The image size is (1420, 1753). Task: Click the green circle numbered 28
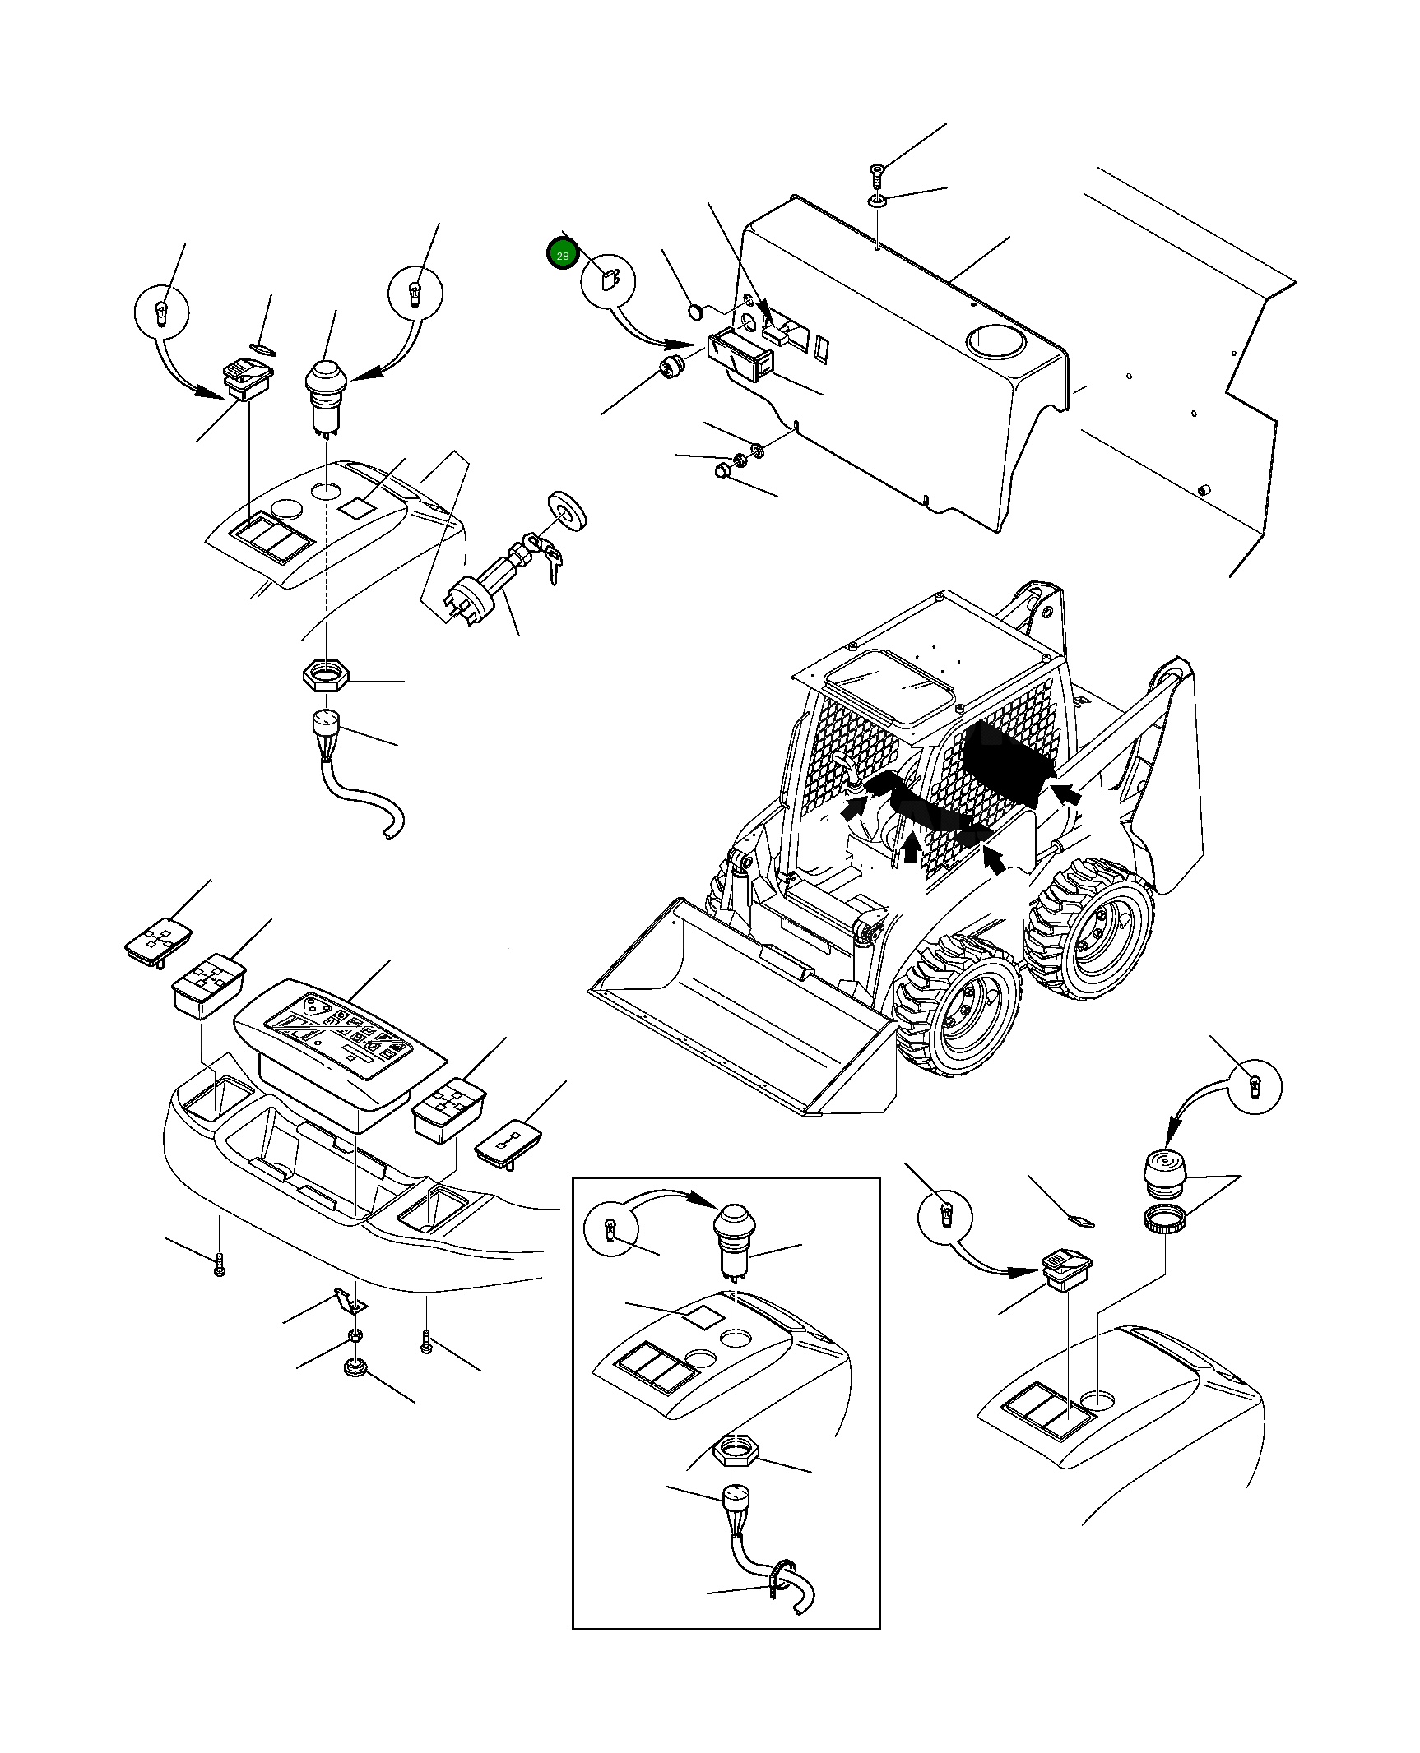(563, 256)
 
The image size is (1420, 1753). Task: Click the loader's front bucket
(740, 1011)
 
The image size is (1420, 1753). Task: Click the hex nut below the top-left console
(326, 677)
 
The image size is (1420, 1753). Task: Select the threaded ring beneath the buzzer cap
(1165, 1218)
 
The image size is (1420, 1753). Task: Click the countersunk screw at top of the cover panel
(877, 174)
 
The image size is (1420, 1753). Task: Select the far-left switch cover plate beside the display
(159, 937)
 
